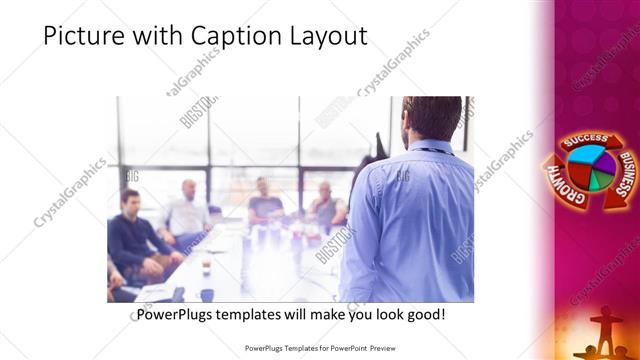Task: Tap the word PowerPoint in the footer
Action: pos(344,349)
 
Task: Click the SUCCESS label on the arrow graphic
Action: pos(584,143)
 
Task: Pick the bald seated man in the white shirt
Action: pos(186,210)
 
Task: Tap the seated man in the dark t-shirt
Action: pos(263,203)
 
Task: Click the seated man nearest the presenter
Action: pos(325,205)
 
